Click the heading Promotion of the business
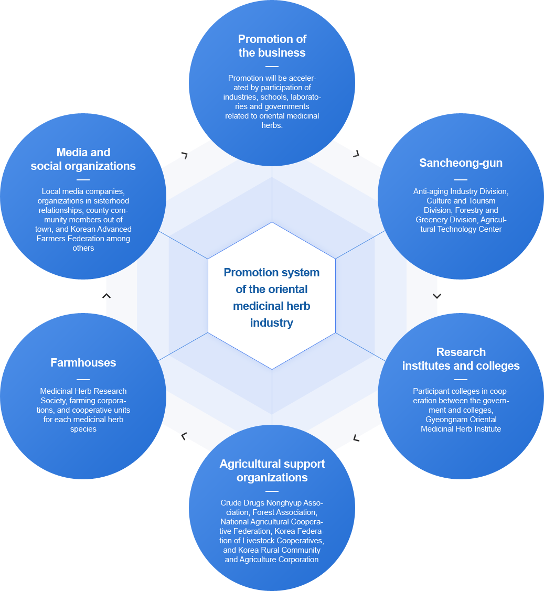(272, 46)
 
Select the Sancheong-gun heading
(461, 163)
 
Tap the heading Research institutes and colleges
(461, 359)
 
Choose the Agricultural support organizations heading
(272, 470)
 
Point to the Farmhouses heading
(83, 362)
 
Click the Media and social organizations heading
(83, 159)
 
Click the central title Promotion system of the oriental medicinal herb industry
(272, 297)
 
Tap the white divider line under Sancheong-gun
(461, 180)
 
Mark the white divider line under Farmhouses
(83, 380)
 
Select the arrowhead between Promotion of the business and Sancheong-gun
(356, 154)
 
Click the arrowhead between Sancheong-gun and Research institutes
(437, 296)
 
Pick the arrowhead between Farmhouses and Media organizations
(106, 296)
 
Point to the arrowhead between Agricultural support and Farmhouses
(184, 436)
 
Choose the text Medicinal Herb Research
(83, 391)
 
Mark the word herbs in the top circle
(272, 125)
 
